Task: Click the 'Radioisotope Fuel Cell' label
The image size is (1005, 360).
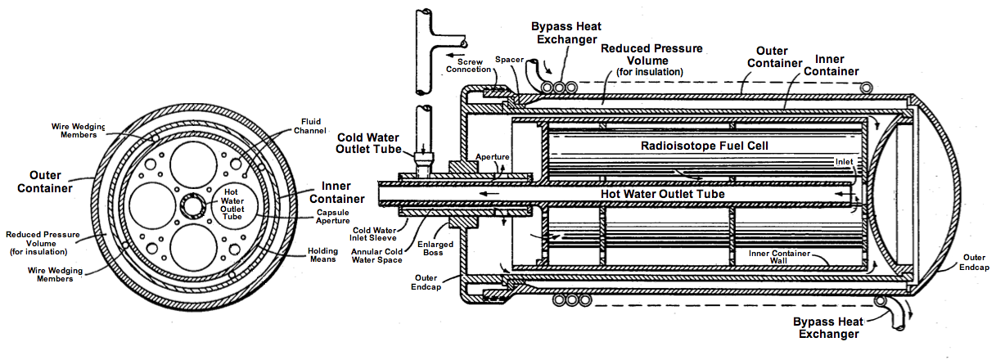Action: [x=705, y=146]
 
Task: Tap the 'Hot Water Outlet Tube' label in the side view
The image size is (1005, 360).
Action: [x=663, y=194]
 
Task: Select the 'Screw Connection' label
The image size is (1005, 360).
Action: [x=469, y=65]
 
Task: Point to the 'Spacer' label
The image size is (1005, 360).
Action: [x=509, y=59]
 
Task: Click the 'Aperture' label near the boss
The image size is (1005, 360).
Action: [x=492, y=157]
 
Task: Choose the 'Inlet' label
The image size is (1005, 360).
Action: [x=844, y=161]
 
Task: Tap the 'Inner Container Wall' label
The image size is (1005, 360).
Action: [x=779, y=257]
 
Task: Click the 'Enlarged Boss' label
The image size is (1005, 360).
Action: [x=435, y=249]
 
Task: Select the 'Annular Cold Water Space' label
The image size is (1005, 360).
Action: [x=376, y=255]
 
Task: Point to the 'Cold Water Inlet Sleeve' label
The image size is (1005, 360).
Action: [x=374, y=235]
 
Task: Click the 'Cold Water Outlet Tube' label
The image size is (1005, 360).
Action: [x=368, y=143]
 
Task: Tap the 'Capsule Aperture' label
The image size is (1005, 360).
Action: [x=332, y=217]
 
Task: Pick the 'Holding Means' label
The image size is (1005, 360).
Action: [x=322, y=255]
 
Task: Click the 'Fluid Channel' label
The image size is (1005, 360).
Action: [x=309, y=126]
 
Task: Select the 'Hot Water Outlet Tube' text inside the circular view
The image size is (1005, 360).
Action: [x=232, y=205]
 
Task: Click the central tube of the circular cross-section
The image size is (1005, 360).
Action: [x=193, y=206]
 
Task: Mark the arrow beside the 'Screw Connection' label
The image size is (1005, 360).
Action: [x=456, y=56]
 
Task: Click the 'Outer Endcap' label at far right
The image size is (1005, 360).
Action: [x=974, y=263]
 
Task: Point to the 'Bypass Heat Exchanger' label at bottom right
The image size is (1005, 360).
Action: [x=828, y=328]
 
